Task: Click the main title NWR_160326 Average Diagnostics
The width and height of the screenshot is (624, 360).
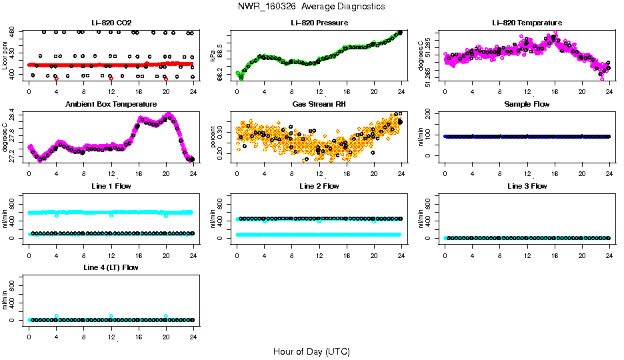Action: pos(311,6)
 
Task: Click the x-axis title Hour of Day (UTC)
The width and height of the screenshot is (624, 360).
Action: pos(311,351)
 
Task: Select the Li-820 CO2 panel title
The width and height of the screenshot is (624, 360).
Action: pos(111,23)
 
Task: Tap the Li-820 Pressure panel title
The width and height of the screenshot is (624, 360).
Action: pos(319,23)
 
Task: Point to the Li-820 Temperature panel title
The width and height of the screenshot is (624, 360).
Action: pos(527,23)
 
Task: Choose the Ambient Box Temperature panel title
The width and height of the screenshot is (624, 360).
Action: pos(111,105)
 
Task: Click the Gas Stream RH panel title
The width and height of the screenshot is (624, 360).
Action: pos(319,105)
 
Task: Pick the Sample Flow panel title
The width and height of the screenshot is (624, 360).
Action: pos(527,105)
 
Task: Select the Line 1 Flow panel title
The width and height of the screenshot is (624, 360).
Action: pos(111,187)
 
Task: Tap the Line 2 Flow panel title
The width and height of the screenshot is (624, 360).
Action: pos(319,187)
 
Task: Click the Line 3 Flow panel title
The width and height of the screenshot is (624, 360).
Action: pos(527,187)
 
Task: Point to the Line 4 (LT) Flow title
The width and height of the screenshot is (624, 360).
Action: pos(111,268)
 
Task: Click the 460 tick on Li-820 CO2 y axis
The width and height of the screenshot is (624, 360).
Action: pos(13,32)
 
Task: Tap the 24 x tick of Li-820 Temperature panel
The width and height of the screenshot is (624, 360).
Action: pos(609,91)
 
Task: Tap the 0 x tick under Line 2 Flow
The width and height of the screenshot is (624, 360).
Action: pos(237,255)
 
